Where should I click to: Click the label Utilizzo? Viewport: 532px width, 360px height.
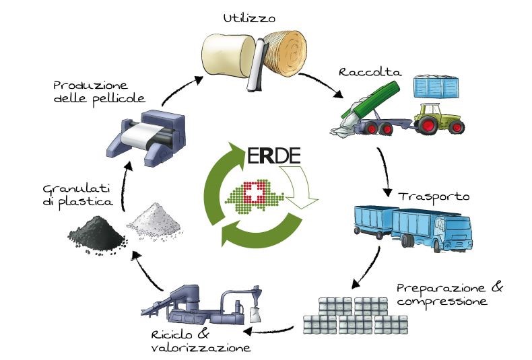[x=249, y=18]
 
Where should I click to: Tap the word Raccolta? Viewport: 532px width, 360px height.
[x=370, y=72]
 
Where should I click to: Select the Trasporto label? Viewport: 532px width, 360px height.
[x=434, y=197]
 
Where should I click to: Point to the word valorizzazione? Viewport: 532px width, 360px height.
[x=201, y=348]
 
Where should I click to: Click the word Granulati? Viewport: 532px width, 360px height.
[x=76, y=188]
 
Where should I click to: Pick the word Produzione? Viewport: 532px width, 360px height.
[x=91, y=85]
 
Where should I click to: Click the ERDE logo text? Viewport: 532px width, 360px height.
[x=274, y=156]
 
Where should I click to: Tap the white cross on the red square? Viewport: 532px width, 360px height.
[x=254, y=192]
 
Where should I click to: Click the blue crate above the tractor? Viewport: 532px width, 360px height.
[x=436, y=87]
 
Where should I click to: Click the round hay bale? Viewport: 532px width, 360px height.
[x=286, y=51]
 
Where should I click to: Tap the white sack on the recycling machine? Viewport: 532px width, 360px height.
[x=255, y=314]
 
